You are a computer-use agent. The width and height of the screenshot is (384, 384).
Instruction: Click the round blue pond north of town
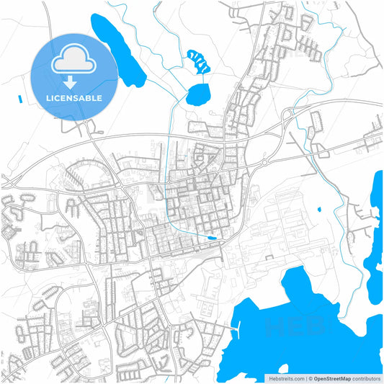click(199, 94)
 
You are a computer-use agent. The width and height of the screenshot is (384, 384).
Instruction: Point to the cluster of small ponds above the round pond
click(197, 61)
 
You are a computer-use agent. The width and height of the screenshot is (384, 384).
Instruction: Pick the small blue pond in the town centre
click(211, 238)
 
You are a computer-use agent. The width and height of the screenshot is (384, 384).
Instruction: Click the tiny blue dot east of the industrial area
click(318, 210)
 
